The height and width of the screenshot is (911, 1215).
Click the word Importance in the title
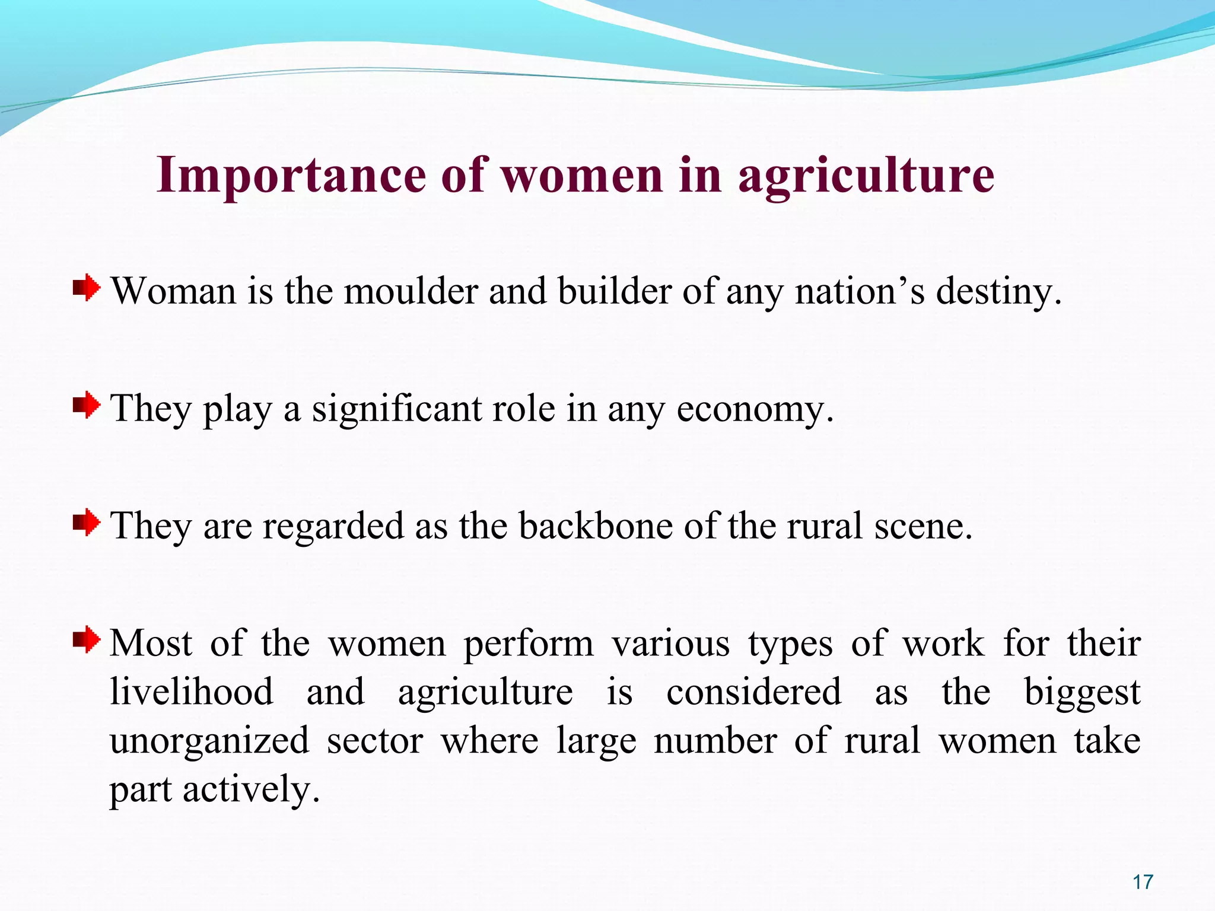coord(291,176)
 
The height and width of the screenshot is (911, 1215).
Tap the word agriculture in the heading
coord(866,176)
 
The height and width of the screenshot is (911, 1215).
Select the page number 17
coord(1143,882)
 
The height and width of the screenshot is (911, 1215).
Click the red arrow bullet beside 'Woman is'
coord(87,289)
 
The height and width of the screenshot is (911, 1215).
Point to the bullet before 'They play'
coord(87,406)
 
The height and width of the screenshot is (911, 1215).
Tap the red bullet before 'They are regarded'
coord(87,523)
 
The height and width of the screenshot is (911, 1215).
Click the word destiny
coord(998,292)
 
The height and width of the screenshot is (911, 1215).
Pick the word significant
coord(397,409)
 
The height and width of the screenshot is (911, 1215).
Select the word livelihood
coord(192,692)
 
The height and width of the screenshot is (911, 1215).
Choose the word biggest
coord(1082,693)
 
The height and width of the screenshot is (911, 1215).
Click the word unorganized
coord(209,741)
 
